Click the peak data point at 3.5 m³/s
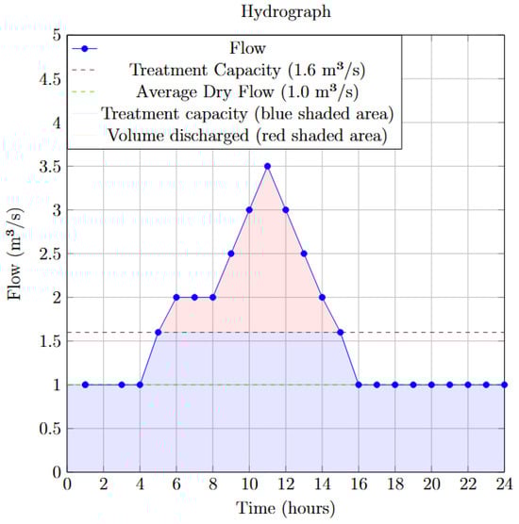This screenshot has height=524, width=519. click(x=267, y=166)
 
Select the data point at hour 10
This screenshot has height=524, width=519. click(x=249, y=209)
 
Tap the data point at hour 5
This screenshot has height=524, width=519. click(x=158, y=332)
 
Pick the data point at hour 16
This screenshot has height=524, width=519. click(x=359, y=385)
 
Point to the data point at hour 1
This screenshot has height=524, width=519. click(x=85, y=385)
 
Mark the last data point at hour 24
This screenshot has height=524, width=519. click(x=505, y=385)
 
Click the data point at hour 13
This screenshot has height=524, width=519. click(x=304, y=254)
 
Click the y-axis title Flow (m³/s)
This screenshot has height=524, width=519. click(x=15, y=254)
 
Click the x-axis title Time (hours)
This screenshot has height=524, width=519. click(x=286, y=510)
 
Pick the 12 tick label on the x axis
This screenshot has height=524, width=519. click(x=286, y=485)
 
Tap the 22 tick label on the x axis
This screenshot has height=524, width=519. click(x=468, y=485)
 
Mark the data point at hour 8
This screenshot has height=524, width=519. click(x=212, y=297)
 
